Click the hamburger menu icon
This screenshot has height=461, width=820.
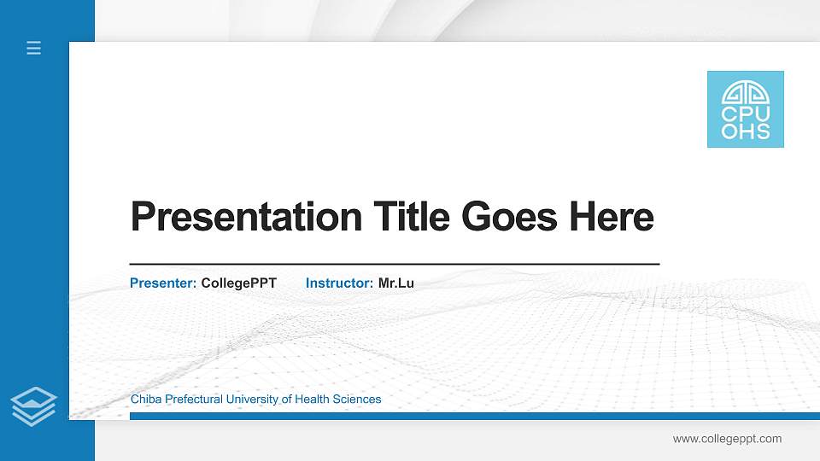click(34, 48)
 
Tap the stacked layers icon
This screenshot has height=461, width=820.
click(34, 406)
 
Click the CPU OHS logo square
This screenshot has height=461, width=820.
click(745, 109)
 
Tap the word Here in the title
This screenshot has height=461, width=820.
click(612, 217)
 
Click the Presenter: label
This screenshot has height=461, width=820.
click(163, 283)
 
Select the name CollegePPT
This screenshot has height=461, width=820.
click(239, 283)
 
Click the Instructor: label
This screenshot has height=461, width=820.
click(339, 283)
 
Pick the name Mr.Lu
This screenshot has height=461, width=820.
click(396, 283)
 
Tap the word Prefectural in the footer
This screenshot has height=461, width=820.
click(193, 399)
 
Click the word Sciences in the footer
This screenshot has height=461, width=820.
click(358, 399)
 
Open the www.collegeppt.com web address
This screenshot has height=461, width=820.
click(727, 439)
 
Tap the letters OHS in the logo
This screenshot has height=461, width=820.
click(746, 131)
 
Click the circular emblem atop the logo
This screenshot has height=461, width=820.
click(746, 92)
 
